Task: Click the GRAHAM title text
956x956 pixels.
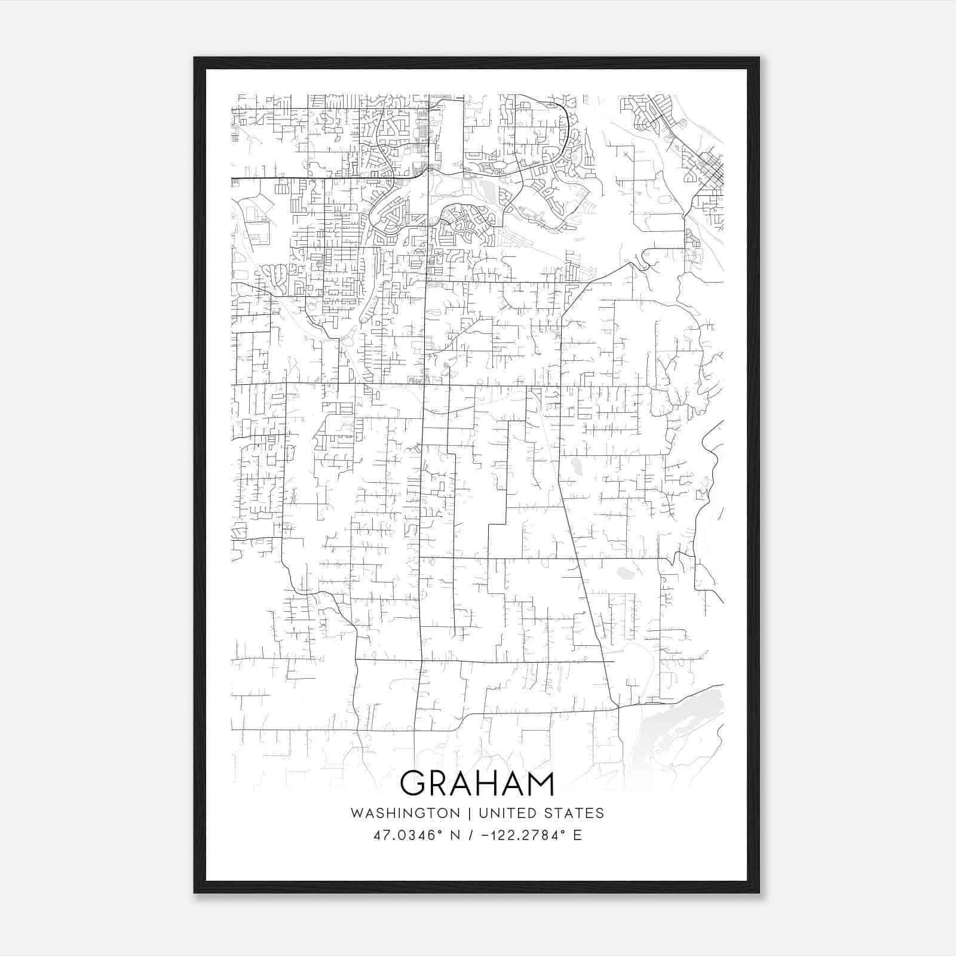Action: tap(477, 784)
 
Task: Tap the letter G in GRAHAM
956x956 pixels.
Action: tap(413, 784)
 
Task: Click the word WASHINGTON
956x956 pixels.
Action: tap(405, 813)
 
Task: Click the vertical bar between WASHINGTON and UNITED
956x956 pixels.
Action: tap(469, 813)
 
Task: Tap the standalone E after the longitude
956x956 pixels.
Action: tap(577, 835)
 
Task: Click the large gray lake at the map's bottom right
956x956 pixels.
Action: tap(687, 717)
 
